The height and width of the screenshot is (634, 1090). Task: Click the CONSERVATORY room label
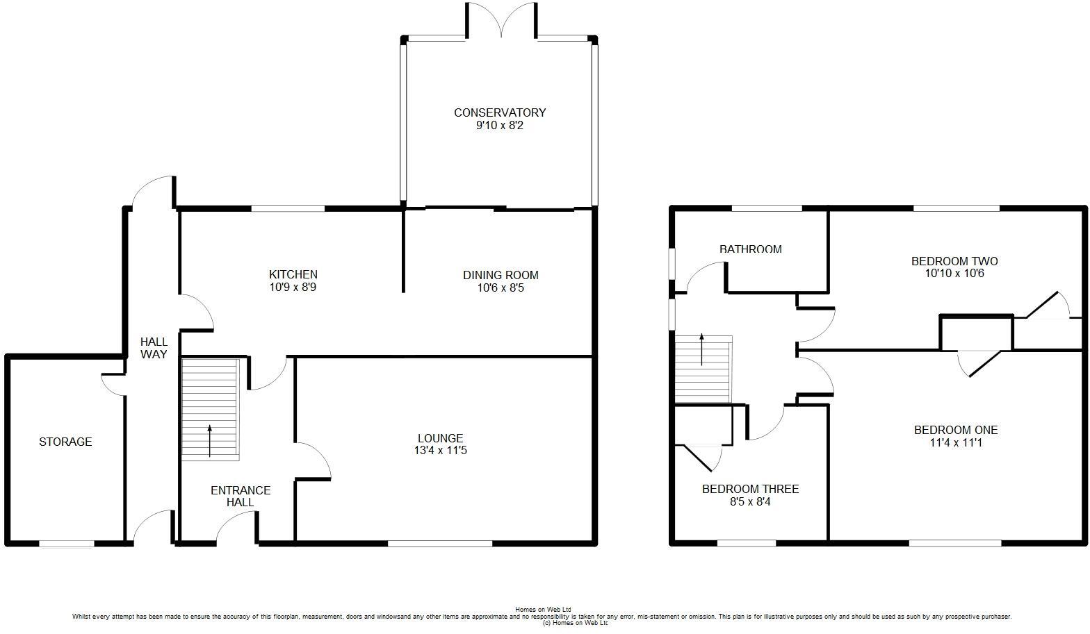point(500,112)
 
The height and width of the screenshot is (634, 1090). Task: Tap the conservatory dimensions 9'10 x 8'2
point(500,126)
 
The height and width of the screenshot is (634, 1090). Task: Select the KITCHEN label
point(293,275)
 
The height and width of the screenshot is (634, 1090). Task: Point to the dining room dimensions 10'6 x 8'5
point(501,287)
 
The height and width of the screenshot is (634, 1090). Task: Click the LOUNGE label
point(440,438)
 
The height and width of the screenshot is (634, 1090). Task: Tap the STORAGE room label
point(65,442)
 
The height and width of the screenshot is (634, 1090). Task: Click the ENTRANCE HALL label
point(241,496)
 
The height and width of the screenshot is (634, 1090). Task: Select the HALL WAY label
point(154,348)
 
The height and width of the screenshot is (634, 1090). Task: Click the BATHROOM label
point(750,249)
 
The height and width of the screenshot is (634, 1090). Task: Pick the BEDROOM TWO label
point(954,261)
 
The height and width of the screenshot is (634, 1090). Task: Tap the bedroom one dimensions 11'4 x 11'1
point(956,442)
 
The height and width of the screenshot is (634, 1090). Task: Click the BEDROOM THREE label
point(750,489)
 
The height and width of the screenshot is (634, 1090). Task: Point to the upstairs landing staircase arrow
point(702,349)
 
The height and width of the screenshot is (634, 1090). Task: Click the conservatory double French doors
point(501,21)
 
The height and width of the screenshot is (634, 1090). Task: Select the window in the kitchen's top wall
point(288,208)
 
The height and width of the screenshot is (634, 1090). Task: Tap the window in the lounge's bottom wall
point(440,543)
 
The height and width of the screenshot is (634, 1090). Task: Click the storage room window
point(67,544)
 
